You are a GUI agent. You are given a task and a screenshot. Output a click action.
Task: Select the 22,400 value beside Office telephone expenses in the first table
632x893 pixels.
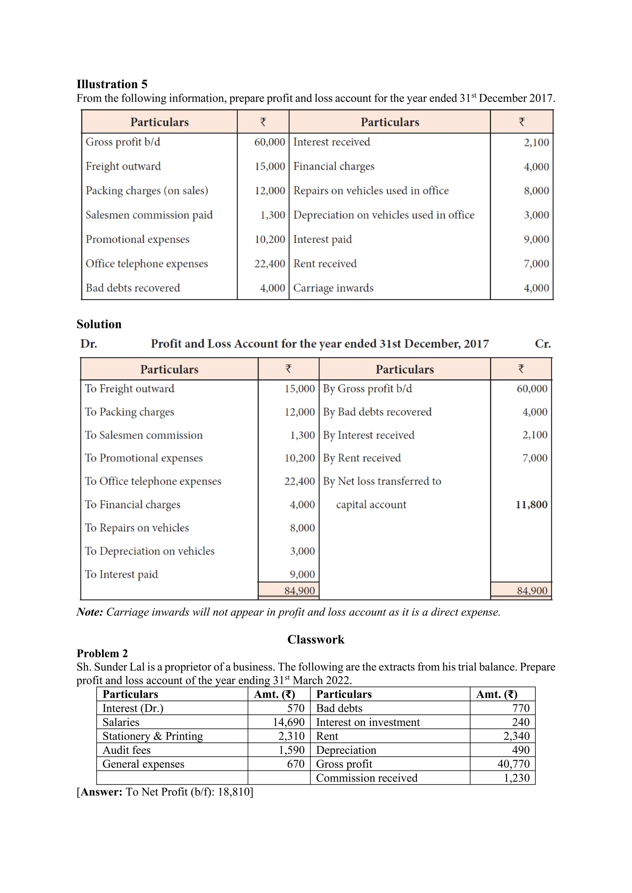[270, 264]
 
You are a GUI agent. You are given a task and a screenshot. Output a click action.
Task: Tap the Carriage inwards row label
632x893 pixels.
[333, 288]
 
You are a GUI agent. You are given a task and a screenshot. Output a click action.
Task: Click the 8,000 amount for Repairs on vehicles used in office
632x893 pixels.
[536, 191]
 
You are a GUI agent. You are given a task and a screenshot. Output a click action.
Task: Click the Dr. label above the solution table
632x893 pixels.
[89, 344]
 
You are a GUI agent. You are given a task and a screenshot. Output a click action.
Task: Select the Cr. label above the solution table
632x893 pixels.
[543, 344]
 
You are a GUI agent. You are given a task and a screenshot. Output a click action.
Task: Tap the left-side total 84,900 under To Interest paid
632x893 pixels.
[299, 591]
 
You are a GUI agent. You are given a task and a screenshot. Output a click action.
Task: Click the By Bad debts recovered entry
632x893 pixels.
[377, 412]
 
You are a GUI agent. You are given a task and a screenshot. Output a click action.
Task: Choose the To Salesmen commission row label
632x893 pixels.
[143, 435]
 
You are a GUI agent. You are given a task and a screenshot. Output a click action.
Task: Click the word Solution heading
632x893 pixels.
[99, 324]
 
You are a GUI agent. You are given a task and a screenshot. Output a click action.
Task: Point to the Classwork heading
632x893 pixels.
[316, 640]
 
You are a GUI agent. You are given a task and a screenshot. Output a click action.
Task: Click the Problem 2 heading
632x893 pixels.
[102, 653]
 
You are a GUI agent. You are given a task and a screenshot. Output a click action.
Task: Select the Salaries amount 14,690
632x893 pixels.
[288, 722]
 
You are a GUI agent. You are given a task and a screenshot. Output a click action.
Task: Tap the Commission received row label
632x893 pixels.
[366, 778]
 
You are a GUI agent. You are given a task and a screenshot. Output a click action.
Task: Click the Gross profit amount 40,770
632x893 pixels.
[513, 764]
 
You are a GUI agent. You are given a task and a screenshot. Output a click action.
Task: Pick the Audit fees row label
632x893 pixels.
[127, 750]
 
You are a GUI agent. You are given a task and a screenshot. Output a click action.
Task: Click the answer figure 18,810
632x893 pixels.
[234, 792]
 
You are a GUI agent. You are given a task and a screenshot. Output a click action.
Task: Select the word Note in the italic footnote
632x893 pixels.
[89, 612]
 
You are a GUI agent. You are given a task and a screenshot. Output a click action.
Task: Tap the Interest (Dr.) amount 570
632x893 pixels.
[295, 708]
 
